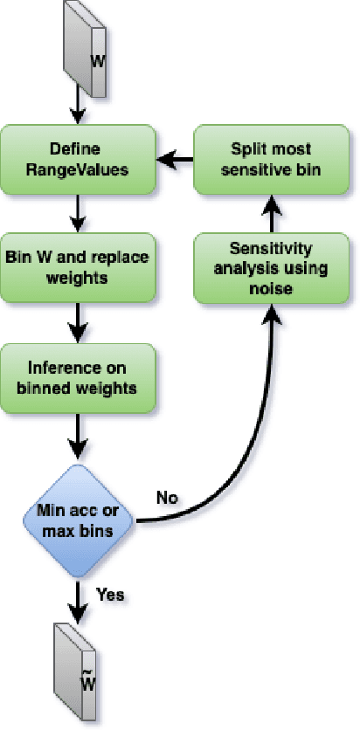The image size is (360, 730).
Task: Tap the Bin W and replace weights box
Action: tap(78, 267)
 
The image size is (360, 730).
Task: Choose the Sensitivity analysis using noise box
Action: tap(271, 267)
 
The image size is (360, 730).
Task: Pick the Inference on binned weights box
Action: tap(78, 377)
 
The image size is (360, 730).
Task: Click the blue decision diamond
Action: tap(78, 521)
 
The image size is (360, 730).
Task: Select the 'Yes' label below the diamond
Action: tap(110, 595)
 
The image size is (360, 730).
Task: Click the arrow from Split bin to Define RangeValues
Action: tap(175, 159)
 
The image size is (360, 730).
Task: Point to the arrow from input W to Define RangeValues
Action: tap(78, 111)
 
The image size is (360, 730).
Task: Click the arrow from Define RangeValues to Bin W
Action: tap(78, 213)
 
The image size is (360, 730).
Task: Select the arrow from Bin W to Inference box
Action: tap(78, 323)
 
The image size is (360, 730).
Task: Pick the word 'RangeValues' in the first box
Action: tap(78, 169)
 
